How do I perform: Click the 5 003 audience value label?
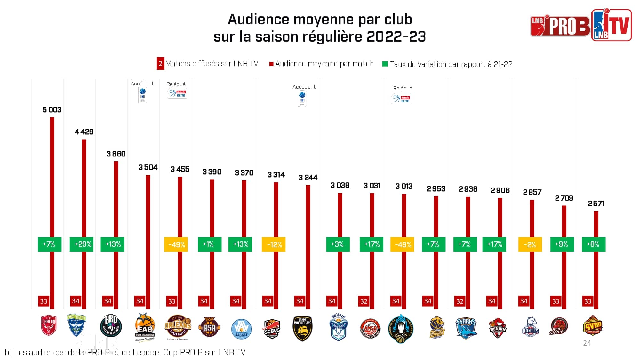click(x=52, y=110)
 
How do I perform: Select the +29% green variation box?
click(x=82, y=244)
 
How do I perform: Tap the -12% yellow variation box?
click(x=274, y=245)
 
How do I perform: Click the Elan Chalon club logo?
click(x=49, y=325)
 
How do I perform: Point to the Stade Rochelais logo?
click(x=302, y=328)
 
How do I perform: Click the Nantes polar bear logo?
click(x=530, y=327)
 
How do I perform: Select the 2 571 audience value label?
click(x=596, y=204)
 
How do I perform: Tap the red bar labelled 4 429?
click(x=84, y=192)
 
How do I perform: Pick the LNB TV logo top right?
click(x=612, y=25)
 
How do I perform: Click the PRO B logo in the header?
click(x=560, y=26)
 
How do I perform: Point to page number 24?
click(x=587, y=343)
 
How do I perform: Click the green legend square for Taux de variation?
click(x=385, y=64)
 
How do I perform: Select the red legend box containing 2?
click(x=160, y=64)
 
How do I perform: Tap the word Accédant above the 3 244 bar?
click(x=304, y=87)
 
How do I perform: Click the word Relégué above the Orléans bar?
click(x=176, y=84)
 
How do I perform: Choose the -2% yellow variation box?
click(x=530, y=245)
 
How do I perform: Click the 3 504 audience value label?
click(x=148, y=167)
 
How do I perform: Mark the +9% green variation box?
click(x=562, y=244)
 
